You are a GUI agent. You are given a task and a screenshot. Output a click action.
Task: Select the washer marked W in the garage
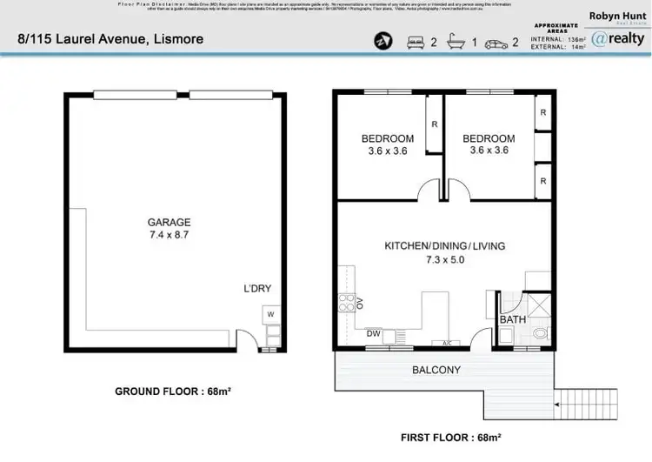point(270,314)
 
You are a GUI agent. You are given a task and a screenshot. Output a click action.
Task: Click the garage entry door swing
point(247,340)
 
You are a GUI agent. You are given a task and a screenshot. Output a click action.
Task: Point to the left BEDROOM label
point(387,138)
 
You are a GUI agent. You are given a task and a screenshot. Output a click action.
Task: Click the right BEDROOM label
point(488,138)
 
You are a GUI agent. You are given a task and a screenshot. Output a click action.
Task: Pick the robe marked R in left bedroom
point(433,124)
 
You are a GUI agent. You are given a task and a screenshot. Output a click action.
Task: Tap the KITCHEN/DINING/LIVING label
point(444,246)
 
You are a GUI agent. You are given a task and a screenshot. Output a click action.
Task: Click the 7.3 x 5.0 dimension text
point(444,260)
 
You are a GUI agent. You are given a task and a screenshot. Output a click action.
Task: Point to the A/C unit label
point(448,342)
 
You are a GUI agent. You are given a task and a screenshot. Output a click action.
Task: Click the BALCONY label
point(436,370)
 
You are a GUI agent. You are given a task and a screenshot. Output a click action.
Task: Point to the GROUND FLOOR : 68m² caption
point(173,392)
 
